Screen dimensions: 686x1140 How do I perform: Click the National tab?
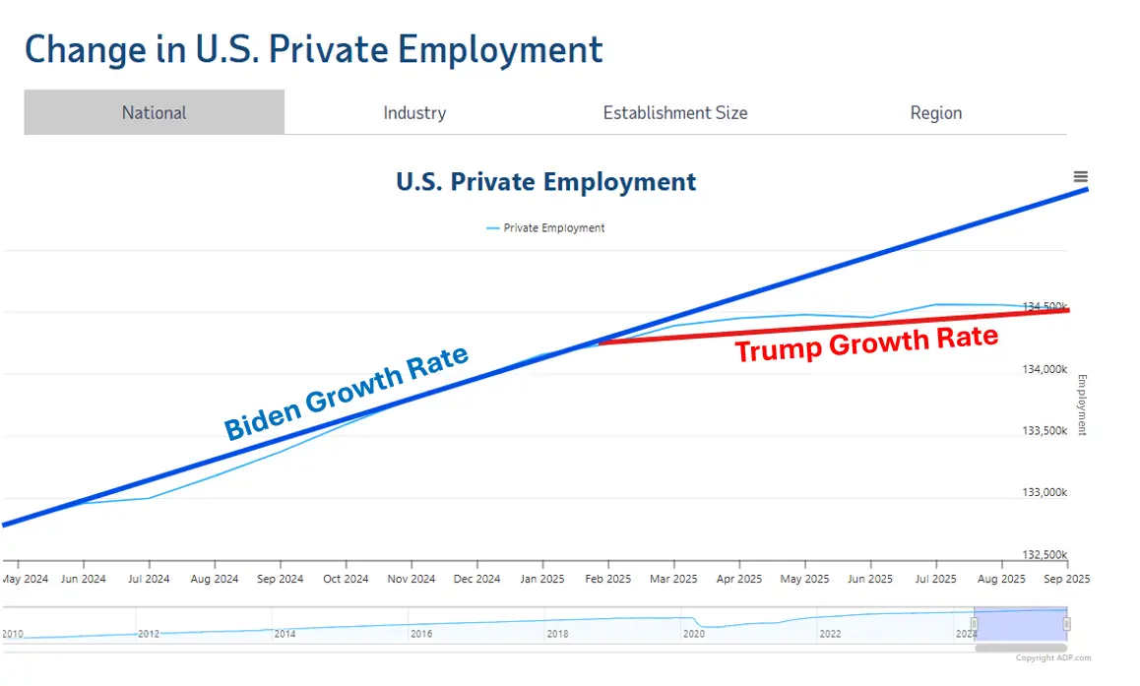point(154,113)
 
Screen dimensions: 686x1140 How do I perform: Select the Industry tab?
point(414,113)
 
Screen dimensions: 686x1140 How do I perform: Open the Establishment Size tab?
point(675,113)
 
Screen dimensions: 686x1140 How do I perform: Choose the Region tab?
point(935,113)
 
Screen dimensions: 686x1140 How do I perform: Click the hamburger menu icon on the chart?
point(1080,177)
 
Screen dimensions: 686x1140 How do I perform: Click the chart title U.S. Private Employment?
point(545,182)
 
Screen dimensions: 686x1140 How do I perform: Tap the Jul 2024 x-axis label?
point(148,579)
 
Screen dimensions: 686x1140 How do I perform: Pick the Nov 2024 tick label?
point(411,579)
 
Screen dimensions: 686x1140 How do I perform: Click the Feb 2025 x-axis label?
point(607,579)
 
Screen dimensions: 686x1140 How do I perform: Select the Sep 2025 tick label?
point(1066,579)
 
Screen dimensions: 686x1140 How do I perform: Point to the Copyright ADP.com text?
point(1052,658)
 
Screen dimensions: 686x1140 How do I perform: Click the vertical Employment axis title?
point(1082,405)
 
